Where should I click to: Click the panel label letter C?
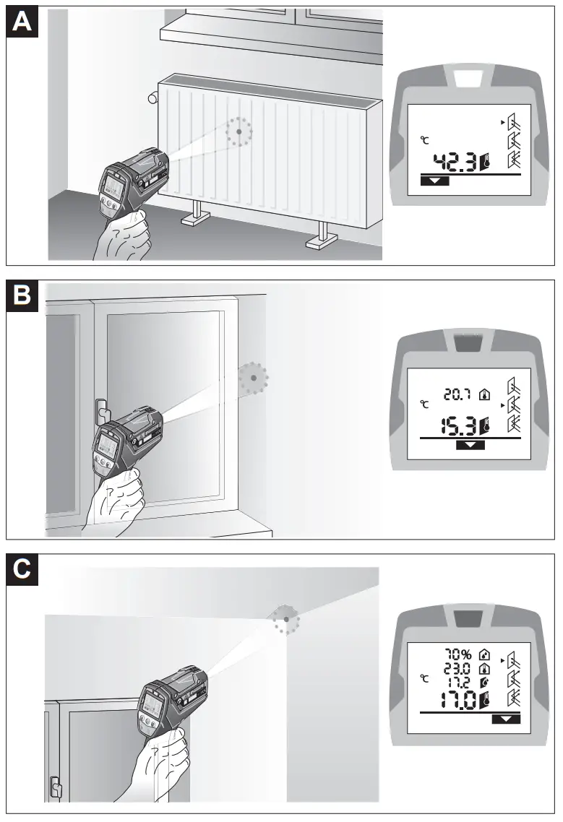coord(23,570)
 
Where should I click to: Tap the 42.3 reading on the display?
coord(455,163)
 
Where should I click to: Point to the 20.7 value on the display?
coord(457,394)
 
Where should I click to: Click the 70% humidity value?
coord(457,655)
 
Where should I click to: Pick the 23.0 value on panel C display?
coord(457,668)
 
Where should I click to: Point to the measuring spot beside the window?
coord(254,377)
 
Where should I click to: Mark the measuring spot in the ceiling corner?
coord(287,619)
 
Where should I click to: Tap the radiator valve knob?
coord(152,98)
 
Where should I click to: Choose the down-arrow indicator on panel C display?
coord(505,719)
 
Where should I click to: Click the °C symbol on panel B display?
coord(424,404)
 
